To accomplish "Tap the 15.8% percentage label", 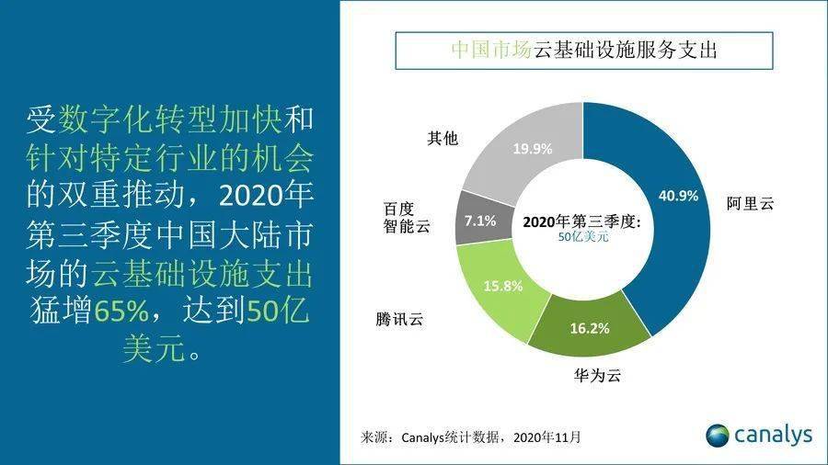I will click(x=503, y=286).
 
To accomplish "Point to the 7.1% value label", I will click(x=481, y=220).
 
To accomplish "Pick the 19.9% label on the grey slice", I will click(x=535, y=147).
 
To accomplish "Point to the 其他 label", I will click(x=443, y=139).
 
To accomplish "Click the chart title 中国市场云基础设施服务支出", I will click(x=584, y=50).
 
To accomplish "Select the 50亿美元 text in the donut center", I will click(x=583, y=237).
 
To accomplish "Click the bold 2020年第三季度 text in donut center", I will click(x=581, y=221).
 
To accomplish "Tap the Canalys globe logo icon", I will click(x=718, y=435).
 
